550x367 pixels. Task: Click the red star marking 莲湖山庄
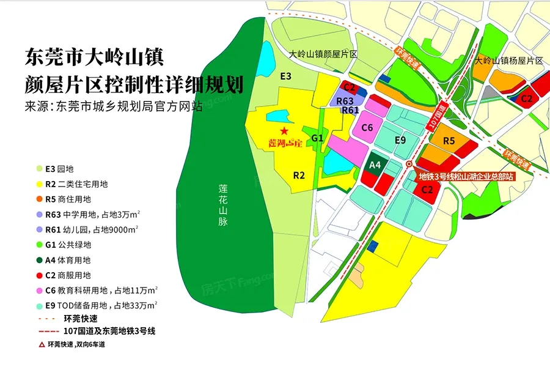[x=284, y=131]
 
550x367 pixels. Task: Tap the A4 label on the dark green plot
[x=375, y=165]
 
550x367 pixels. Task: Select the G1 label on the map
[x=317, y=138]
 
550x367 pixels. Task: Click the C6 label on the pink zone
[x=367, y=127]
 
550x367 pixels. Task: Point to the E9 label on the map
[x=400, y=141]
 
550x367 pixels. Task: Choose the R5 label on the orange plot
[x=449, y=141]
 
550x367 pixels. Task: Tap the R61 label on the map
[x=350, y=110]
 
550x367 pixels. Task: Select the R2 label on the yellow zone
[x=299, y=175]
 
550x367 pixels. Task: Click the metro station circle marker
[x=409, y=164]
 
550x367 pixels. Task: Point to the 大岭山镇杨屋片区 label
[x=508, y=60]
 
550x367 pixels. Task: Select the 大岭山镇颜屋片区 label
[x=323, y=54]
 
